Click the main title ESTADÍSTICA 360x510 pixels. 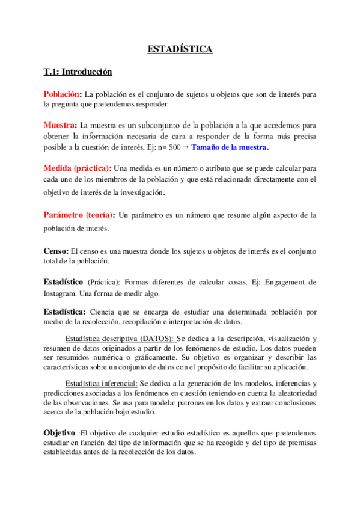180,49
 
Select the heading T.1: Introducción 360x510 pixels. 78,72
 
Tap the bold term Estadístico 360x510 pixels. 63,281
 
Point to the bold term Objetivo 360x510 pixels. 59,433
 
